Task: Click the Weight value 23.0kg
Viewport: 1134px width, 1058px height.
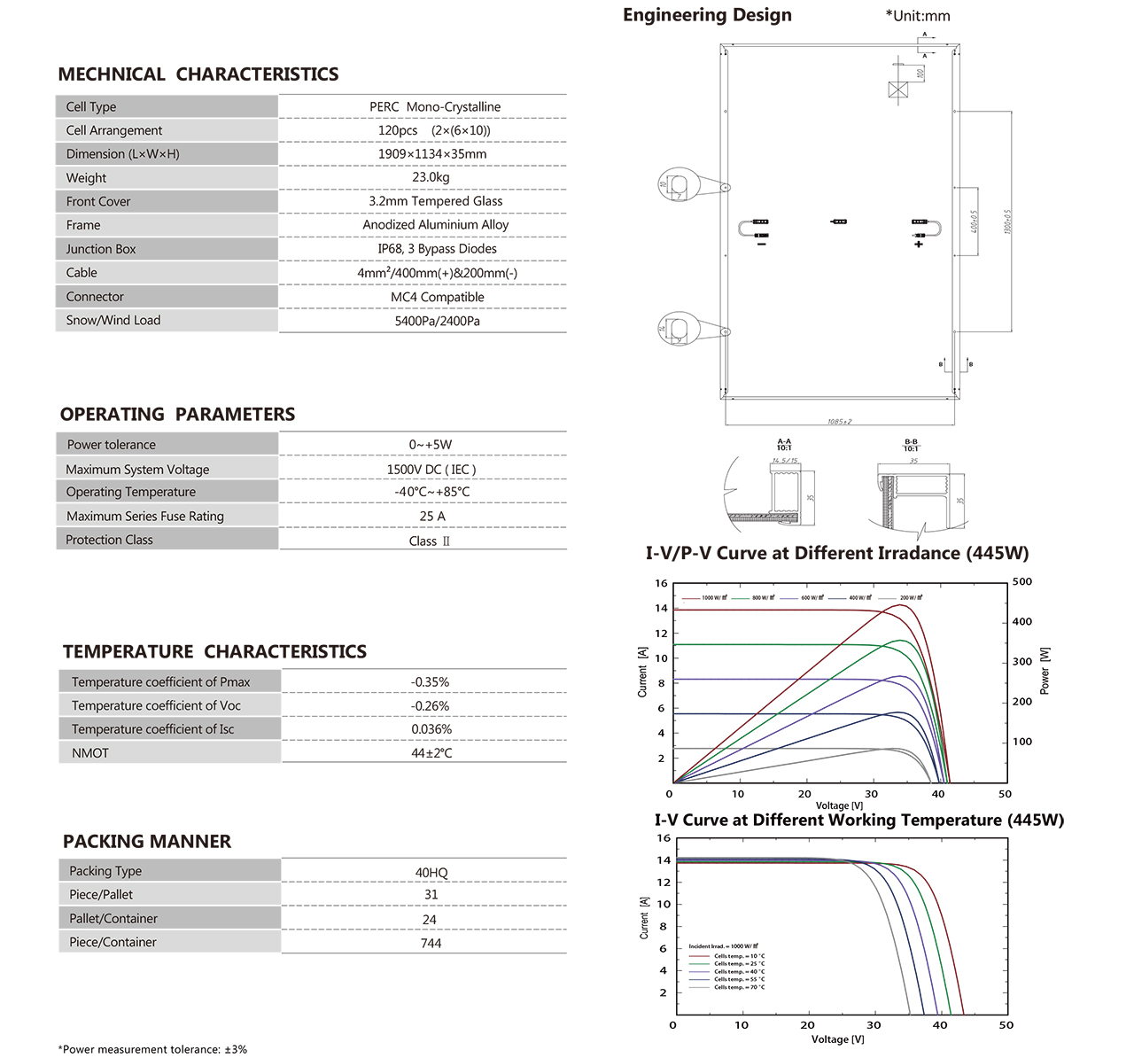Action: pyautogui.click(x=431, y=177)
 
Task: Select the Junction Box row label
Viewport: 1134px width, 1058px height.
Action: pyautogui.click(x=101, y=249)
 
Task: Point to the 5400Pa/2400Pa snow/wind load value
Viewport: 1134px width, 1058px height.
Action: pyautogui.click(x=437, y=321)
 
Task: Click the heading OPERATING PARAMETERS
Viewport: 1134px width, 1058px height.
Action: pyautogui.click(x=177, y=414)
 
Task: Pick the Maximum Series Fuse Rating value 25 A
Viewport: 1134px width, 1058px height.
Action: pyautogui.click(x=432, y=516)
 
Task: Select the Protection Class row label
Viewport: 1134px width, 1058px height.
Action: pyautogui.click(x=109, y=540)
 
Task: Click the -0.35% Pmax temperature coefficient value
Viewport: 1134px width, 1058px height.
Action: pyautogui.click(x=430, y=682)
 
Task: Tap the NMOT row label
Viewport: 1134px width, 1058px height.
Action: pyautogui.click(x=90, y=753)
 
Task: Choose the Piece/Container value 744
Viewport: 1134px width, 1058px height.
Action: pyautogui.click(x=431, y=943)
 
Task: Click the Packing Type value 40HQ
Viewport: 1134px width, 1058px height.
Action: pyautogui.click(x=431, y=873)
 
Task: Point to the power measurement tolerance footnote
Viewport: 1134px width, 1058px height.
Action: pyautogui.click(x=152, y=1049)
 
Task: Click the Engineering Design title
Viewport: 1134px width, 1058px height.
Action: pyautogui.click(x=707, y=15)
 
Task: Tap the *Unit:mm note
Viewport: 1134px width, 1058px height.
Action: pyautogui.click(x=917, y=16)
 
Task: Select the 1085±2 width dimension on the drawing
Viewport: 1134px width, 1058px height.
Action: pyautogui.click(x=839, y=422)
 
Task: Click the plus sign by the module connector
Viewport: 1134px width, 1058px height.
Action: pyautogui.click(x=919, y=244)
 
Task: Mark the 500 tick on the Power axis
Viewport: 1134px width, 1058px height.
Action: pyautogui.click(x=1022, y=582)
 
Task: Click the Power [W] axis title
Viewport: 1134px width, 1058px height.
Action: pyautogui.click(x=1045, y=670)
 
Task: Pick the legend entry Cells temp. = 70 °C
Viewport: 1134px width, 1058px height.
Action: pyautogui.click(x=739, y=987)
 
